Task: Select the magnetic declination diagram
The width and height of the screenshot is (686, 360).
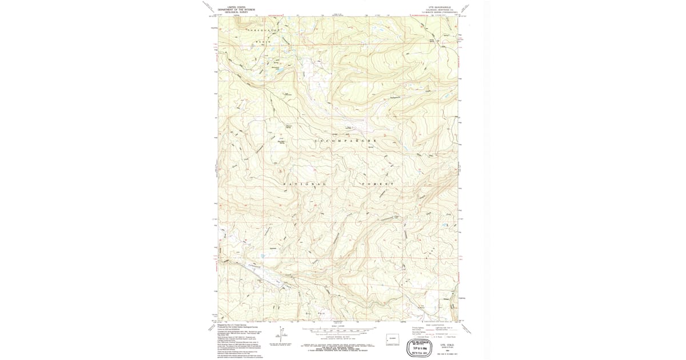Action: point(281,336)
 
